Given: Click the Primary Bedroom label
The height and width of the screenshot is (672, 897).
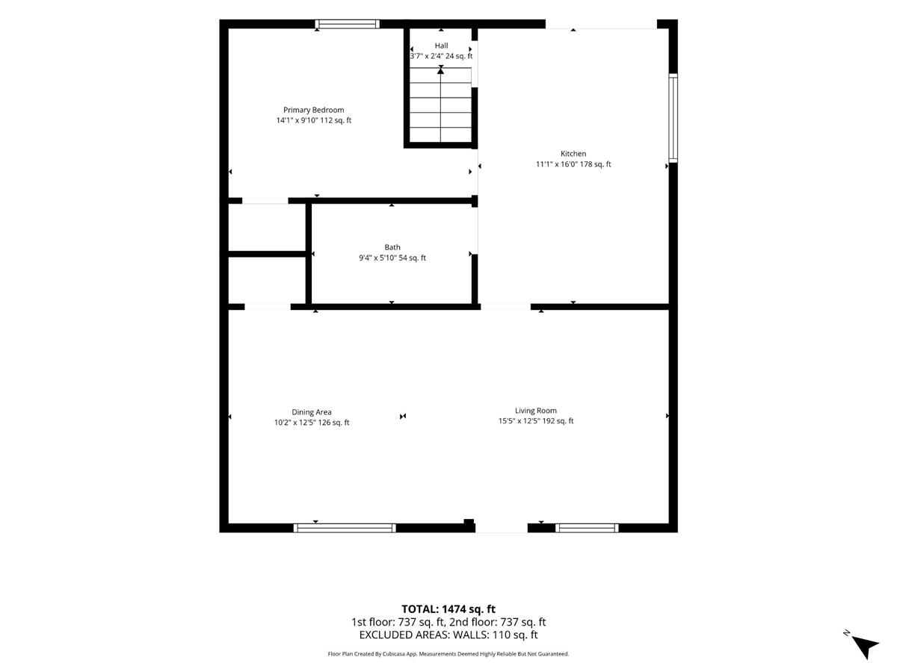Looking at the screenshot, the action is point(313,111).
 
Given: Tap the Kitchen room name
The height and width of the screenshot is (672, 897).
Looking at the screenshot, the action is point(573,154).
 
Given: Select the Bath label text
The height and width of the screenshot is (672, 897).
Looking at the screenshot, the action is point(392,247).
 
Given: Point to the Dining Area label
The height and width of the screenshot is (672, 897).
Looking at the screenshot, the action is point(312,412).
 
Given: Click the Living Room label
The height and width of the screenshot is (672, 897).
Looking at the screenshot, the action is point(535,411).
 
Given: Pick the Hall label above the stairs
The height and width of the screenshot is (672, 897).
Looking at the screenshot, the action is point(441,46).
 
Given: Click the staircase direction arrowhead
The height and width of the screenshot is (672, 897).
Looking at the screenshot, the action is point(440,71).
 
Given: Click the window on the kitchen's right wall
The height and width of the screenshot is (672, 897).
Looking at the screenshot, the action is point(673,118).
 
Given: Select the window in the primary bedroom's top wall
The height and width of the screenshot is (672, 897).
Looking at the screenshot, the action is point(347,24).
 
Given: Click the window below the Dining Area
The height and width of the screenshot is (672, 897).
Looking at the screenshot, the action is point(345,528).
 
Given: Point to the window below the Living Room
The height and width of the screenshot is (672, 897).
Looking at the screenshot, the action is point(587,528).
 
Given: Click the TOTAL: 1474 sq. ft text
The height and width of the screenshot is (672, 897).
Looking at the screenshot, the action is point(449,609).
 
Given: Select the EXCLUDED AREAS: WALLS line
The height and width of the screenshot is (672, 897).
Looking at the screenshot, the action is point(449,635).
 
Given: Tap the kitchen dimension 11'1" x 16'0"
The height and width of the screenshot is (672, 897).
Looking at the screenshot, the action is point(555,164).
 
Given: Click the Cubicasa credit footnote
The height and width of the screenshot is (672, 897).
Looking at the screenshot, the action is point(449,654).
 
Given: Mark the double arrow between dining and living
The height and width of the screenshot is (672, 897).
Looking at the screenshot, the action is point(403,416).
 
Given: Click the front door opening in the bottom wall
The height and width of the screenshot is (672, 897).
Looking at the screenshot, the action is point(502,528).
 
